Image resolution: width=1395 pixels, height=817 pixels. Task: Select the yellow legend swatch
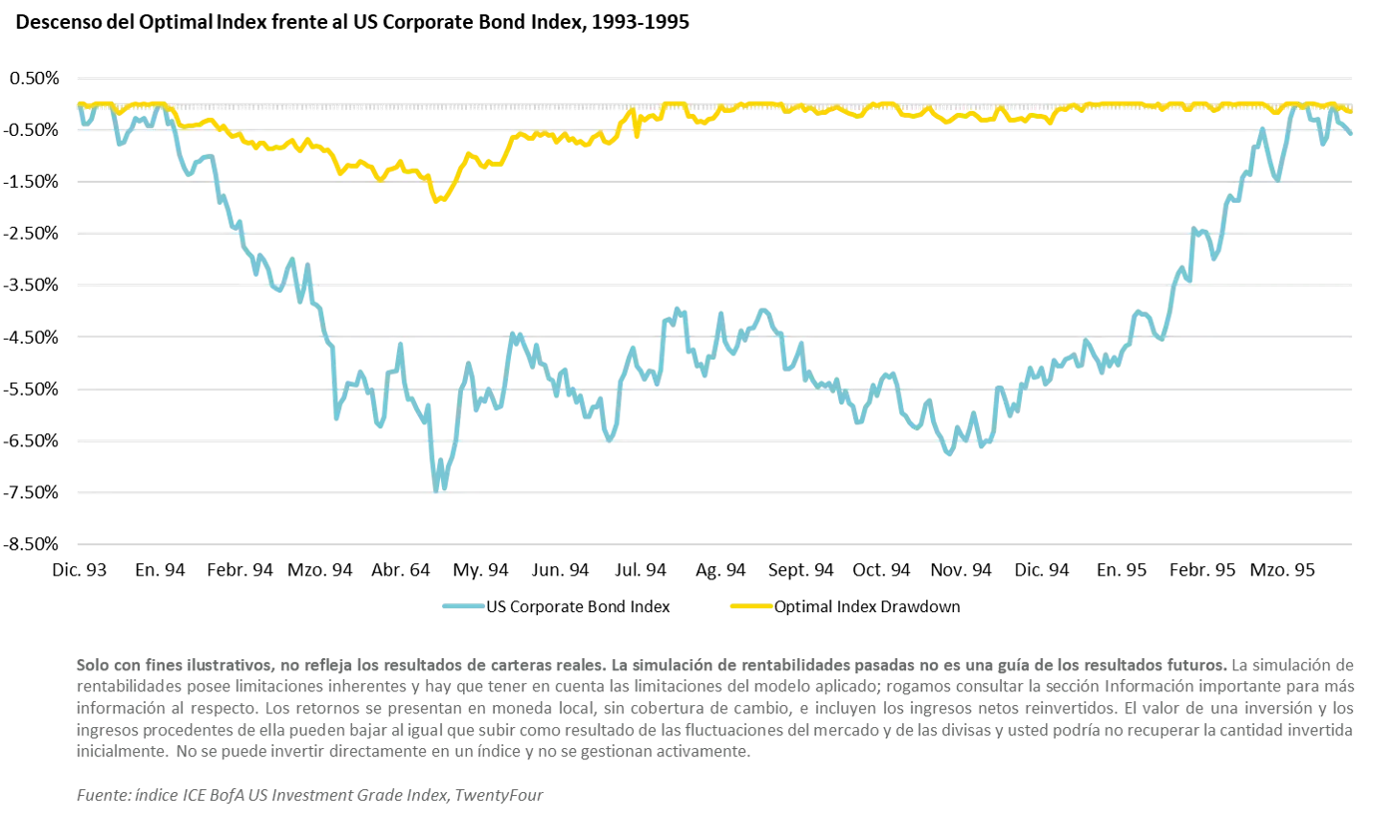click(749, 607)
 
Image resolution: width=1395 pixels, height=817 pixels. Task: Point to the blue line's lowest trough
click(439, 487)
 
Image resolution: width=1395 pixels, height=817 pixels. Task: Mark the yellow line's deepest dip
click(439, 203)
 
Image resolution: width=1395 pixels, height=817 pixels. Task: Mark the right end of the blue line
click(1353, 135)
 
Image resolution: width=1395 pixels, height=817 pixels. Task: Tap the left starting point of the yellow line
click(79, 103)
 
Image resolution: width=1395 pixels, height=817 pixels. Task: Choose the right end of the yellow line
click(1353, 111)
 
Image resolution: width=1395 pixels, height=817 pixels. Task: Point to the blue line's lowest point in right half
click(948, 456)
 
